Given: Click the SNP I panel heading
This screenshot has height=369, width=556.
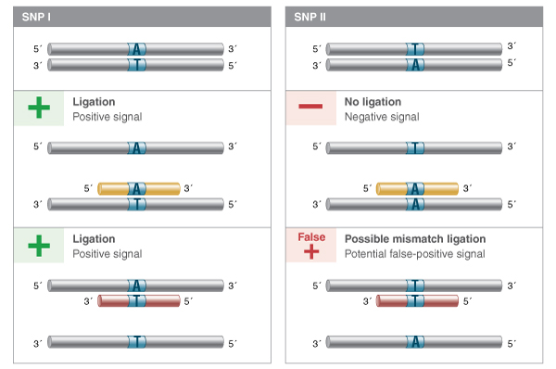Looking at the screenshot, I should tap(37, 17).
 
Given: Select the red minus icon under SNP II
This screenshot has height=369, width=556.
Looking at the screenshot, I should tap(310, 108).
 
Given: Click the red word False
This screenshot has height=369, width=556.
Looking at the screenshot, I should tap(310, 237).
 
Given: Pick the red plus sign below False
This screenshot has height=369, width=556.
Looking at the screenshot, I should tap(310, 252).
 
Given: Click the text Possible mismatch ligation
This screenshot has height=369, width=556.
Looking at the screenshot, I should tap(414, 238).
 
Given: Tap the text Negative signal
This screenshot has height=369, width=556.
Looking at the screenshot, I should tap(381, 117).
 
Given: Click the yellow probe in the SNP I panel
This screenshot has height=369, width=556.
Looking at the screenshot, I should tap(138, 188).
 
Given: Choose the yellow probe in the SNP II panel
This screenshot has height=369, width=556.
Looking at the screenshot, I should tap(417, 188).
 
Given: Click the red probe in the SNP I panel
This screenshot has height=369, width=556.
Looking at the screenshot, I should tap(138, 300).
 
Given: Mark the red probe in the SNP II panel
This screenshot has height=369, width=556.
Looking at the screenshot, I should tap(417, 300).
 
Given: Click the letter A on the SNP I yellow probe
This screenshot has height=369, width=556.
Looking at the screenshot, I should tap(137, 188).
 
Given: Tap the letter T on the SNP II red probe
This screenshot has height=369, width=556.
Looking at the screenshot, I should tap(416, 300).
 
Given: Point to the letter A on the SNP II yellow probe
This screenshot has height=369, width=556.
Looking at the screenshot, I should tap(416, 188).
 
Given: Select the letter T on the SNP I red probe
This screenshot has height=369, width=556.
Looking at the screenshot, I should tap(137, 300).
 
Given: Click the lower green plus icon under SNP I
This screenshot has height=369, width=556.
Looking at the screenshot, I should tap(38, 245).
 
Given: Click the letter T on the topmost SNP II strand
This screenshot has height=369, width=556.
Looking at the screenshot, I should tap(416, 48).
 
